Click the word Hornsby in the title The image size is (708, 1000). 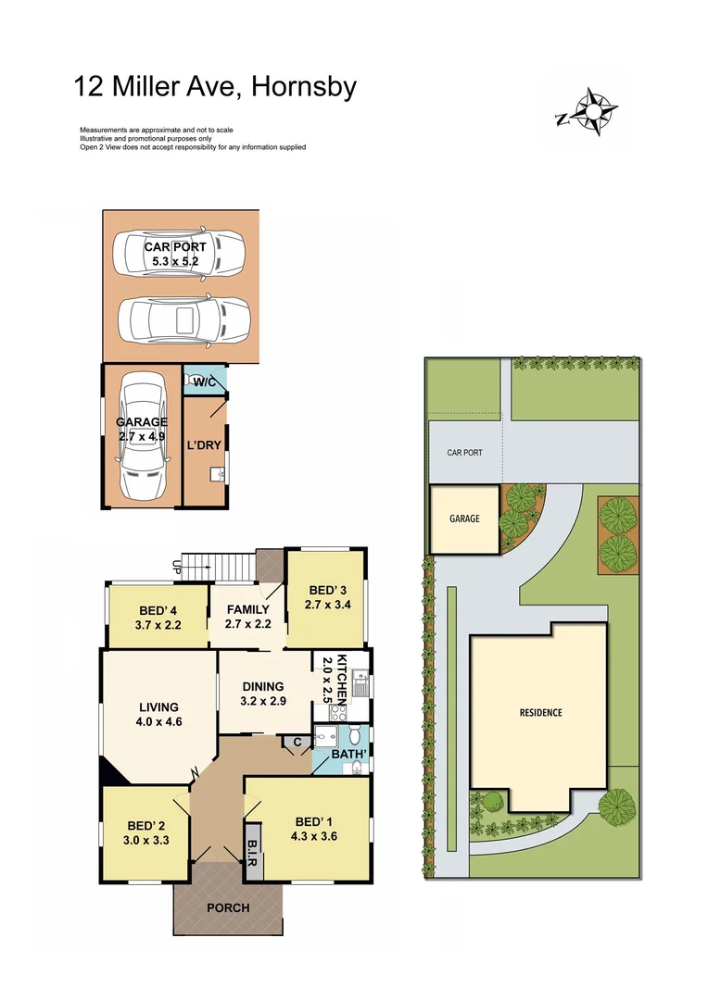(x=301, y=87)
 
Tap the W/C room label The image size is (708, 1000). (x=204, y=381)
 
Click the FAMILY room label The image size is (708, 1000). (x=247, y=610)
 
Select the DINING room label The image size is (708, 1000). (x=264, y=686)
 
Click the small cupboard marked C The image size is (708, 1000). (x=297, y=742)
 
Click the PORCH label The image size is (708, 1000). (x=228, y=907)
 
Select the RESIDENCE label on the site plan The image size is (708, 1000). (x=539, y=713)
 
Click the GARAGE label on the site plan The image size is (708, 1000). (x=464, y=519)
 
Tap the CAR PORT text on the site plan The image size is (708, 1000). (x=464, y=454)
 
